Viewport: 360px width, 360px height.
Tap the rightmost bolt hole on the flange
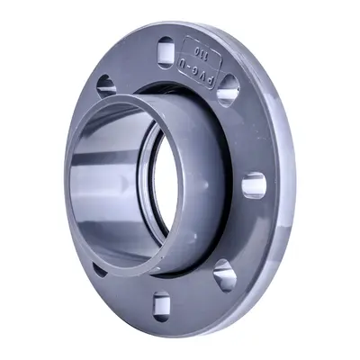click(255, 185)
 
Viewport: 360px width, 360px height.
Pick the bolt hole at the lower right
click(224, 274)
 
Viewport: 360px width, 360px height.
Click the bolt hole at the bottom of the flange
click(161, 305)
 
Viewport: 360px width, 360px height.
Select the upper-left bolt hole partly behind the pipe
click(106, 85)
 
